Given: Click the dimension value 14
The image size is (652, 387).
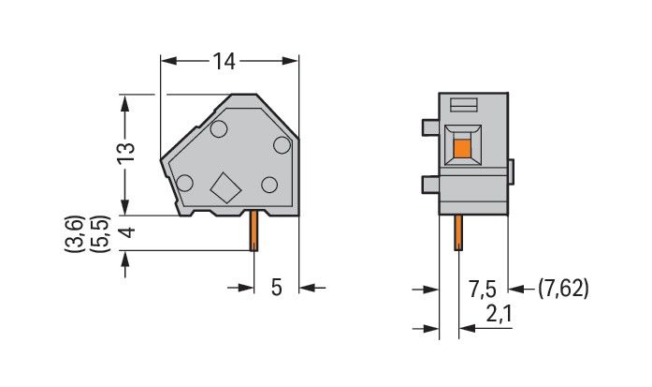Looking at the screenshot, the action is point(225,61).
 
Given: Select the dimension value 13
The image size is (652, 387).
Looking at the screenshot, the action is point(126,154).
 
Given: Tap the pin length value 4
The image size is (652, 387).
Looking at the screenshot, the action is point(128,232).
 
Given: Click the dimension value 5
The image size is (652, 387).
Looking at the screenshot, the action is point(277,287).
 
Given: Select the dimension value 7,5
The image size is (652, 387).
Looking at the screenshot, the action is point(483,290).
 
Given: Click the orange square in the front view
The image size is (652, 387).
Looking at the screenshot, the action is point(462,149).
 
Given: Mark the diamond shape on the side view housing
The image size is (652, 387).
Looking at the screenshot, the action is point(225,187).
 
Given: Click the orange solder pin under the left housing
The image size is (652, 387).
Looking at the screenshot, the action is point(254,231).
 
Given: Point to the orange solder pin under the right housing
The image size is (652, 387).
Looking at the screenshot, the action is point(458,232).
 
